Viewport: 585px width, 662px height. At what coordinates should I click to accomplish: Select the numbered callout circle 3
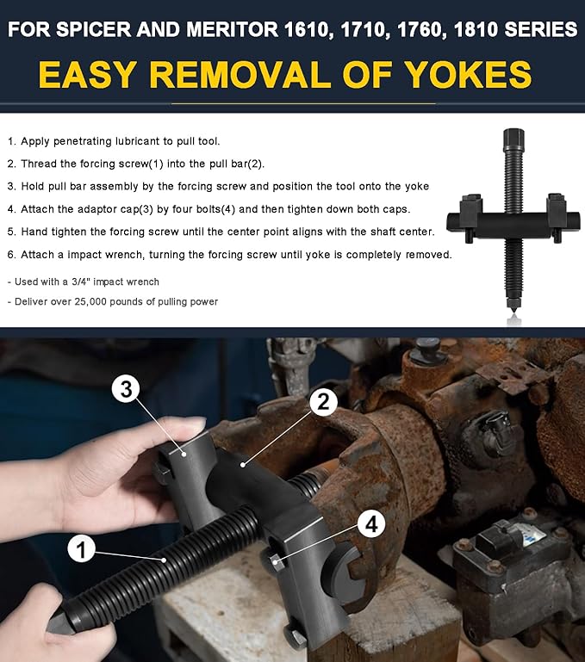point(126,389)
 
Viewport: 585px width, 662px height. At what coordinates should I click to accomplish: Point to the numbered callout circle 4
point(370,524)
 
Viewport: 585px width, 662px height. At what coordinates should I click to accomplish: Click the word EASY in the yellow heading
point(92,75)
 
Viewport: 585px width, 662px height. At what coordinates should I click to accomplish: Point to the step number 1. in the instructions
point(11,140)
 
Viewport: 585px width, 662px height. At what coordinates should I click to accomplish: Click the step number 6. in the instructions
point(11,255)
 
